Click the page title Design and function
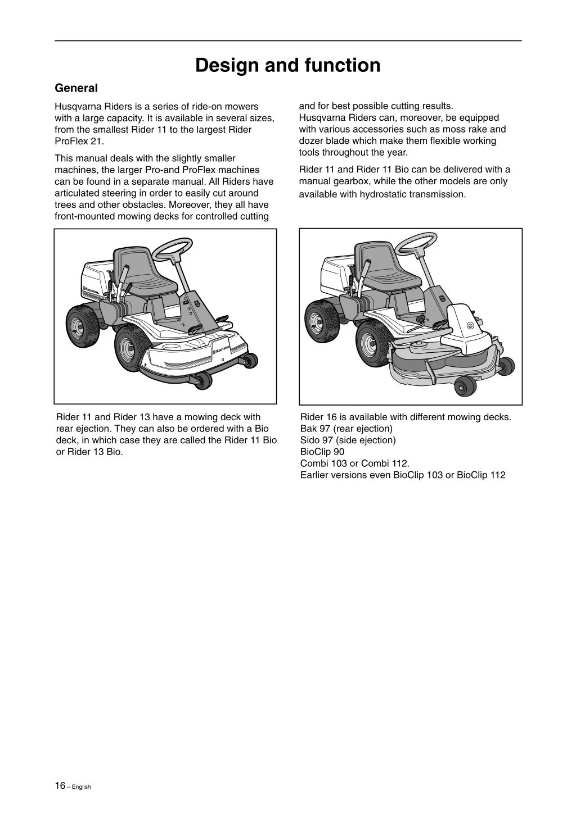(x=287, y=66)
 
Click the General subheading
(x=76, y=88)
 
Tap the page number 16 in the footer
(x=60, y=785)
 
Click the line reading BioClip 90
(x=322, y=452)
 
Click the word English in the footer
(x=81, y=786)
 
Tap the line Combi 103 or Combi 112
(x=355, y=463)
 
